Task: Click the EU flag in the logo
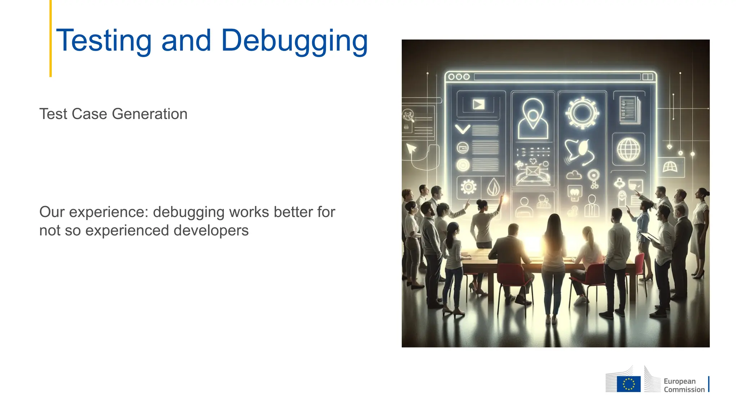tap(629, 384)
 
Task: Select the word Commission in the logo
tap(684, 390)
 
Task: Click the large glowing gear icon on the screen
tap(582, 113)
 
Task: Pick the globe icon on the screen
tap(628, 149)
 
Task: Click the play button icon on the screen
tap(478, 105)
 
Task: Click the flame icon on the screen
tap(493, 187)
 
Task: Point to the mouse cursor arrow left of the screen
tap(411, 148)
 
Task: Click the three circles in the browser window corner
tap(459, 77)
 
